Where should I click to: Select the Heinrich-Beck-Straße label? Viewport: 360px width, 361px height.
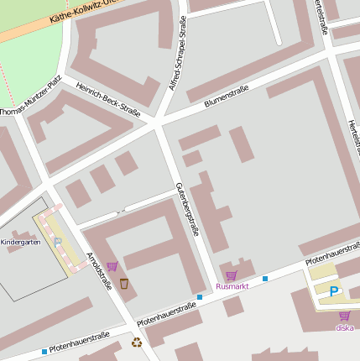[107, 98]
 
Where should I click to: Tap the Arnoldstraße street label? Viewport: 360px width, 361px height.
[100, 272]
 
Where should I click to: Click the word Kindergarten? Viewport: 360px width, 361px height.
[22, 242]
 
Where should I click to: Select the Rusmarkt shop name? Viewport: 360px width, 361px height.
[232, 286]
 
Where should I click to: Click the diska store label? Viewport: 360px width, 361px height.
[344, 327]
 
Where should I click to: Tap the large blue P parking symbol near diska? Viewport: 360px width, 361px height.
[334, 292]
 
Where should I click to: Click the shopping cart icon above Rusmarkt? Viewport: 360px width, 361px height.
[232, 275]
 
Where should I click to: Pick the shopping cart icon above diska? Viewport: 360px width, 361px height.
[344, 316]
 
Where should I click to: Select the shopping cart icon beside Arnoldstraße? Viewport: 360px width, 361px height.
[112, 266]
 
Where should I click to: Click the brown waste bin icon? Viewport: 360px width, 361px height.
[124, 284]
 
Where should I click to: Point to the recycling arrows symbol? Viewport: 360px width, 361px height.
[137, 342]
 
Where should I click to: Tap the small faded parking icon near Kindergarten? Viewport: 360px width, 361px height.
[58, 242]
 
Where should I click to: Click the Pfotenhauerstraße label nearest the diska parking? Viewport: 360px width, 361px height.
[332, 256]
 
